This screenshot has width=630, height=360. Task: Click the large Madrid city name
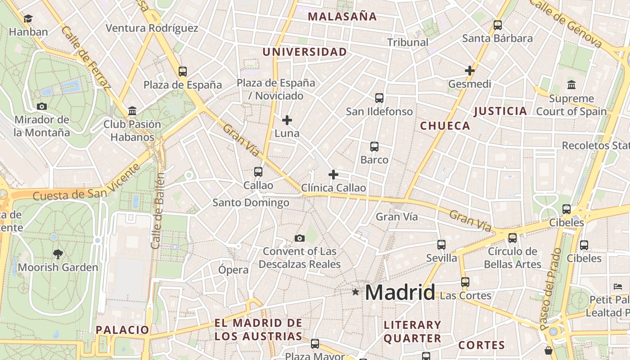[400, 292]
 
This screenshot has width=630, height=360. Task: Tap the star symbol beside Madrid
[355, 292]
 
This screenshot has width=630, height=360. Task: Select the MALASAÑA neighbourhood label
[342, 17]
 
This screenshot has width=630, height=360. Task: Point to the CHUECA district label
[445, 126]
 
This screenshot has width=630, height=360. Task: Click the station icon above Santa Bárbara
[497, 25]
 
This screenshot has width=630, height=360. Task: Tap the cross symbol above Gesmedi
[470, 71]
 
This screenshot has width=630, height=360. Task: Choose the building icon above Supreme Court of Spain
[571, 85]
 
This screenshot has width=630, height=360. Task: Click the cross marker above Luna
[287, 120]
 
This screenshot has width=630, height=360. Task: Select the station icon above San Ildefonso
[379, 98]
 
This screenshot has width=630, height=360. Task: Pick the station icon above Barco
[374, 147]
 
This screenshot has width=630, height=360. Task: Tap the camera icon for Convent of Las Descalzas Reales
[299, 238]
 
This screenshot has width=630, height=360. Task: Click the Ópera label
[233, 270]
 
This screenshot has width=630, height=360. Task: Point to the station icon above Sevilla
[441, 245]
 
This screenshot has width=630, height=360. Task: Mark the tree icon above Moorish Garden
[58, 254]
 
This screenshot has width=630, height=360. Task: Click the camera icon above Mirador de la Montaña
[42, 107]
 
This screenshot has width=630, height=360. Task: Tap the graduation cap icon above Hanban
[28, 19]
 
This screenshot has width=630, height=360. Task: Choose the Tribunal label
[408, 42]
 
